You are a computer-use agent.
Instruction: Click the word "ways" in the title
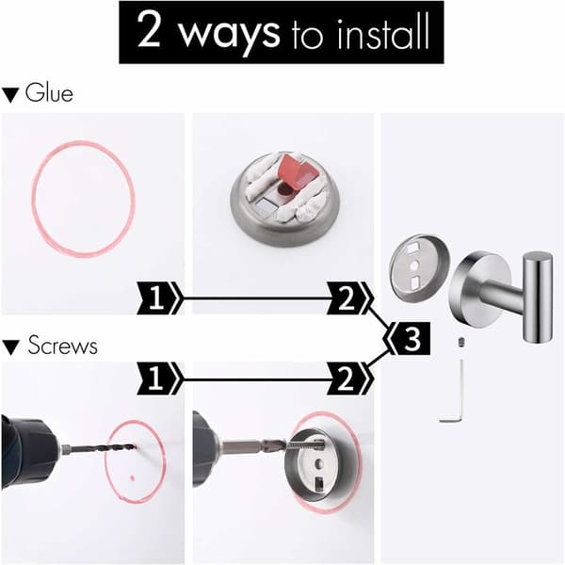(x=229, y=34)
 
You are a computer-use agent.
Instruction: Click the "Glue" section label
(x=49, y=93)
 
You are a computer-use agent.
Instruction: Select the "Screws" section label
(x=63, y=345)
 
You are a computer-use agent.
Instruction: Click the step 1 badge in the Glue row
(x=159, y=298)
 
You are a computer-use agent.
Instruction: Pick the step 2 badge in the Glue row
(x=348, y=298)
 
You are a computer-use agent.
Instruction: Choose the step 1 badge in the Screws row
(x=159, y=379)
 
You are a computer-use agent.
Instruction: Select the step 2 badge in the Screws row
(x=348, y=379)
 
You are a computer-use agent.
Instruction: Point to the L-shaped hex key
(x=455, y=400)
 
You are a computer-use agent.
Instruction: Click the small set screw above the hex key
(x=460, y=341)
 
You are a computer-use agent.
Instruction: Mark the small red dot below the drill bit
(x=132, y=478)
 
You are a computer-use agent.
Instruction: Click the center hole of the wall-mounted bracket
(x=318, y=463)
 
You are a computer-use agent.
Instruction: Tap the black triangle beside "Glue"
(x=10, y=95)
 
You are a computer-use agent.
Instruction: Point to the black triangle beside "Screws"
(x=10, y=347)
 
